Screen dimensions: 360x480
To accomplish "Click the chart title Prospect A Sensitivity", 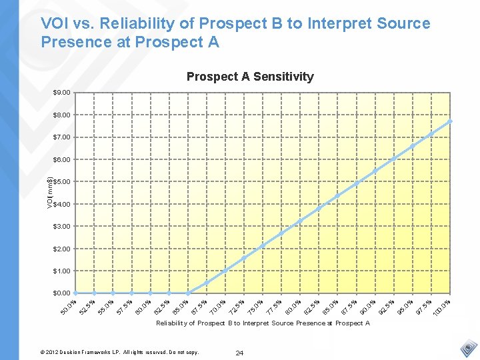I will pyautogui.click(x=250, y=77).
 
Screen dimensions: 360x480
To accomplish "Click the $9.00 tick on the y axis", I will pyautogui.click(x=62, y=93).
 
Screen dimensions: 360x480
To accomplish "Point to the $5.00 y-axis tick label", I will pyautogui.click(x=62, y=182).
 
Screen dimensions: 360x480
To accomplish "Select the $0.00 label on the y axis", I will pyautogui.click(x=62, y=293).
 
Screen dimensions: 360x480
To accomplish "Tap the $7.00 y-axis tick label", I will pyautogui.click(x=62, y=137).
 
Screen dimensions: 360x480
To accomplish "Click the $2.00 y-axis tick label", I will pyautogui.click(x=62, y=249).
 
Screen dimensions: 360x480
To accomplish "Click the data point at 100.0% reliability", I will pyautogui.click(x=451, y=121).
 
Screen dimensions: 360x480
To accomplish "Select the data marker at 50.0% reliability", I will pyautogui.click(x=76, y=293).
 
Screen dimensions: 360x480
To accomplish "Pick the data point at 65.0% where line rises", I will pyautogui.click(x=188, y=293).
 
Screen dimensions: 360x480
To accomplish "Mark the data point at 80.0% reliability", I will pyautogui.click(x=301, y=221).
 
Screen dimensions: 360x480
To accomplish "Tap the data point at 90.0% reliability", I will pyautogui.click(x=375, y=171).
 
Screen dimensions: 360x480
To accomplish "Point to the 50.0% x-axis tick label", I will pyautogui.click(x=69, y=307).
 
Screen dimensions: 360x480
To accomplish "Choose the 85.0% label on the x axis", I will pyautogui.click(x=331, y=307).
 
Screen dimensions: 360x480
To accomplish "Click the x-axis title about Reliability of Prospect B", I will pyautogui.click(x=263, y=323).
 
